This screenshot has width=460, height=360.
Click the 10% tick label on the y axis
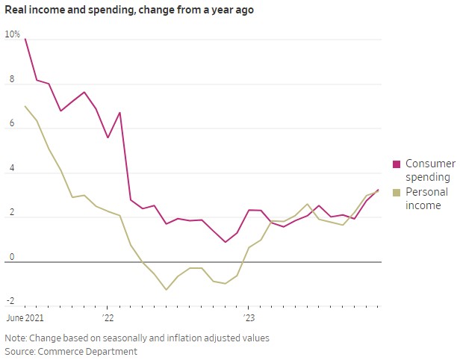click(x=13, y=34)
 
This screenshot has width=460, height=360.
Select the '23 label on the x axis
click(x=248, y=317)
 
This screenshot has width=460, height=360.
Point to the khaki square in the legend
click(x=397, y=193)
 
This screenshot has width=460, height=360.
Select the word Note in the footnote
click(x=16, y=338)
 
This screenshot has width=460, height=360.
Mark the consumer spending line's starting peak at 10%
click(x=25, y=39)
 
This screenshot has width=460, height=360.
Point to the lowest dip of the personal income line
click(x=166, y=289)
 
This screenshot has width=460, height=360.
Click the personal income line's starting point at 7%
click(x=25, y=106)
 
